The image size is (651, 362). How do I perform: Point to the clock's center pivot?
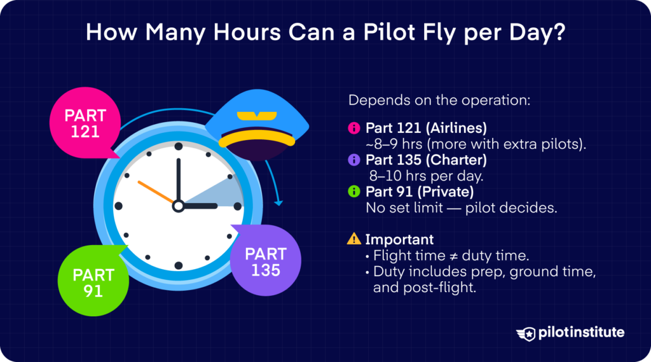[179, 205]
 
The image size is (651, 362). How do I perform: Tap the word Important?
[399, 239]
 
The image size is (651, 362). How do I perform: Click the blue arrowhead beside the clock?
[278, 203]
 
